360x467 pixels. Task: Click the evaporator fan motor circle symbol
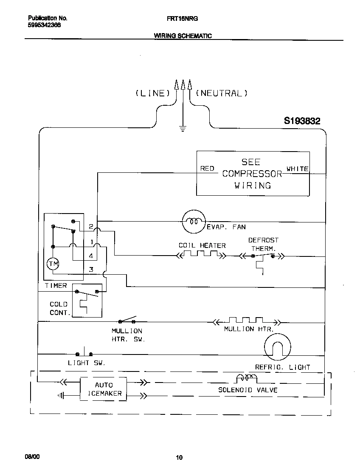click(x=194, y=222)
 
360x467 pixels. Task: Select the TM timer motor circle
click(x=53, y=264)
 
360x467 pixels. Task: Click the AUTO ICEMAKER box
click(x=104, y=389)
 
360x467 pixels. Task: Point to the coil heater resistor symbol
click(x=201, y=255)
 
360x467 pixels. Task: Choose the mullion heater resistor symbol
click(x=246, y=320)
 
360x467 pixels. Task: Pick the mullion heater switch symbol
click(x=127, y=320)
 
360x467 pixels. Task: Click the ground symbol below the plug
click(x=183, y=129)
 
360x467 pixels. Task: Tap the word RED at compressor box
click(x=207, y=169)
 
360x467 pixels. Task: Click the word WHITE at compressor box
click(x=298, y=169)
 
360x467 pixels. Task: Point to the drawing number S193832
click(x=302, y=121)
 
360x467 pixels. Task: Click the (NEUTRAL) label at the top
click(x=222, y=93)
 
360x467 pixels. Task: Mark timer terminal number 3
click(x=91, y=269)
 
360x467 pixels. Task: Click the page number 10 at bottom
click(x=179, y=457)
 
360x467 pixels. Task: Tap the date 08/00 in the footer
click(x=32, y=456)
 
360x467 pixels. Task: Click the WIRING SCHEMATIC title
click(x=183, y=36)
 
